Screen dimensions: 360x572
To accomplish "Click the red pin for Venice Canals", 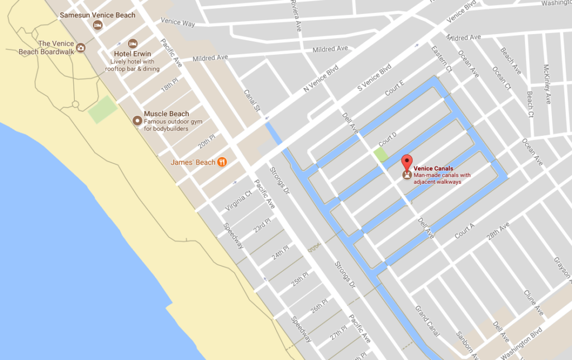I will [407, 162].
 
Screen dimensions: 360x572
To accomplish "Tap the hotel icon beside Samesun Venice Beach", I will [98, 25].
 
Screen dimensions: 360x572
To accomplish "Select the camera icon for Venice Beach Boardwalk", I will [80, 48].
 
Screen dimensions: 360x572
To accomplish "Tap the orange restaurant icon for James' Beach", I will [222, 162].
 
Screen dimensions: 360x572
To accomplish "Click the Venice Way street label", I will [177, 22].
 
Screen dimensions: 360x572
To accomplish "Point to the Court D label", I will [387, 137].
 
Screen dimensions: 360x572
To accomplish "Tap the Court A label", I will [464, 230].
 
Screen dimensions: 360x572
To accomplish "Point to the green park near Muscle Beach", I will [103, 110].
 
